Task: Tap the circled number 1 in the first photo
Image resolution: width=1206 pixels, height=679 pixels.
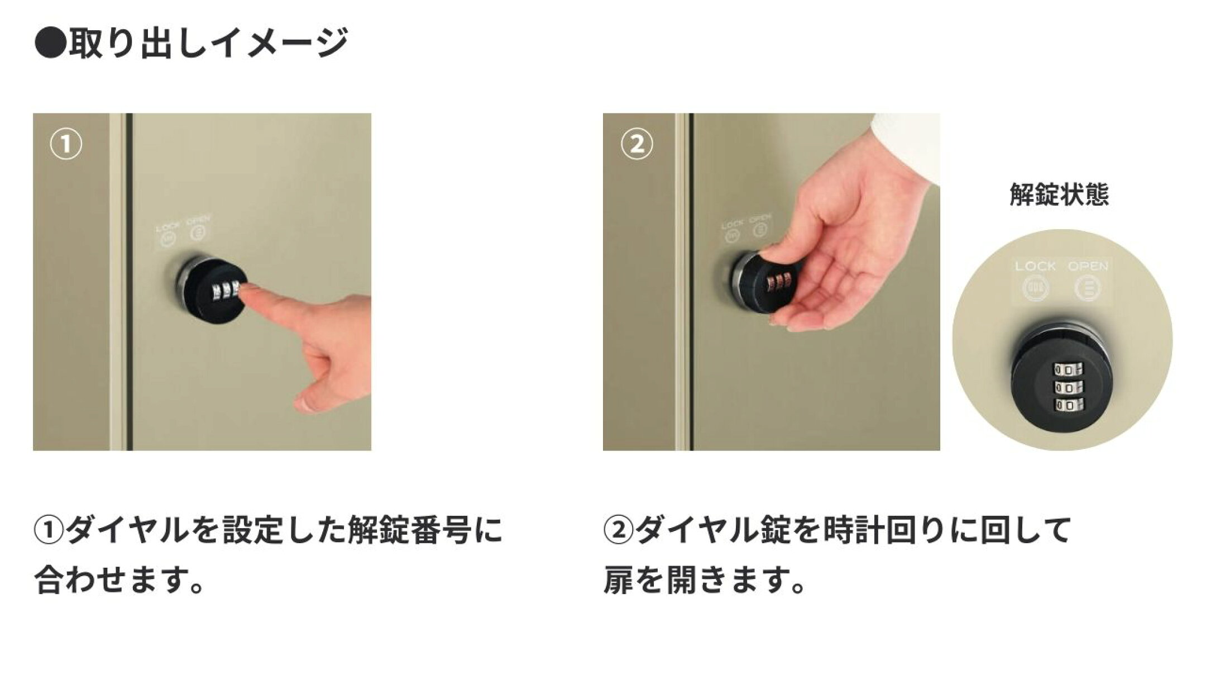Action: click(x=66, y=145)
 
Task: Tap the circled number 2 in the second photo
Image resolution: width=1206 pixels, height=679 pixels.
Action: click(x=636, y=145)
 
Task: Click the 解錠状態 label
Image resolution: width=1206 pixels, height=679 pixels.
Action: click(x=1059, y=194)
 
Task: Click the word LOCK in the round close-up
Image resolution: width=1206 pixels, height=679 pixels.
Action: click(x=1035, y=267)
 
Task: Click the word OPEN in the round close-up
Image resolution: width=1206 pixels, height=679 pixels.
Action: click(x=1088, y=267)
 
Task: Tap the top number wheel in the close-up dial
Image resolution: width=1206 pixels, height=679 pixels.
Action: click(x=1066, y=370)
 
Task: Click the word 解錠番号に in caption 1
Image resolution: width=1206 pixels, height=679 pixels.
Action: click(x=425, y=531)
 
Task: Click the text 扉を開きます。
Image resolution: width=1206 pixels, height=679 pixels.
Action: click(x=705, y=580)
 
